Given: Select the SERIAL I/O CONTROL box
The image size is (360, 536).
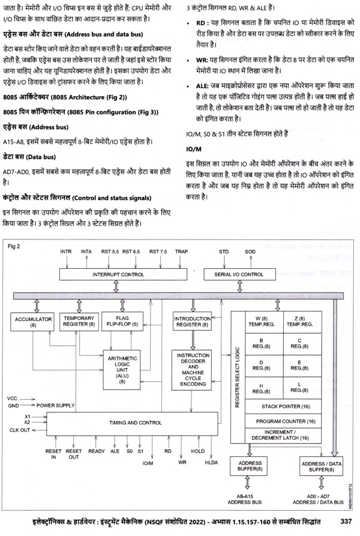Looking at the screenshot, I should [x=235, y=274].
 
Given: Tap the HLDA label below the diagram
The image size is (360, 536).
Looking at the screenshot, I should [x=210, y=463].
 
